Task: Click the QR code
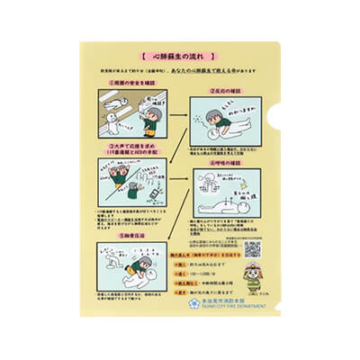(252, 248)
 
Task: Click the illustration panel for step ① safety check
(135, 114)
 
